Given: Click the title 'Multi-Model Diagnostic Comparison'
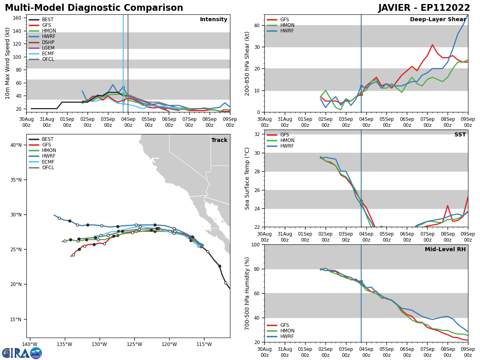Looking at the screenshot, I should coord(94,8).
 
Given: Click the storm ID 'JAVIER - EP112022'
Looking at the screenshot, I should coord(424,8).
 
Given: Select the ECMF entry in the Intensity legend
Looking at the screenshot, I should coord(48,54).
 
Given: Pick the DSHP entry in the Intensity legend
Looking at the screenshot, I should coord(48,42).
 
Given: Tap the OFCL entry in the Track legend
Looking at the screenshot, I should coord(48,168).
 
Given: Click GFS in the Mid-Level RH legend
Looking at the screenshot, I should coord(284,325).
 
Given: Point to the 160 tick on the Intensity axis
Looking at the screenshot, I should coord(18,18).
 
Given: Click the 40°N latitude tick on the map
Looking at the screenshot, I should coord(16,145).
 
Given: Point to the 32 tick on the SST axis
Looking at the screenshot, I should coord(257,134).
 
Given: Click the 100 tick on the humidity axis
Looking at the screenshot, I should coord(256,244).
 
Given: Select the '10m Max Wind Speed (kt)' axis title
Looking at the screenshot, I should coord(8,63).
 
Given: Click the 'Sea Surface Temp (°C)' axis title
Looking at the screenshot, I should coord(247,178).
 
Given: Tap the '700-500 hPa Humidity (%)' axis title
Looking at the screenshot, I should coord(247,294).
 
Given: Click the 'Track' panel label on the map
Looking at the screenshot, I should coord(219,140).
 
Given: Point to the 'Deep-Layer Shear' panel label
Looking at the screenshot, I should coord(438,20).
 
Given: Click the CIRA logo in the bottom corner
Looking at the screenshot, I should coord(22,353).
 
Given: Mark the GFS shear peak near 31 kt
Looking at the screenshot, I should coord(432,45).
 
